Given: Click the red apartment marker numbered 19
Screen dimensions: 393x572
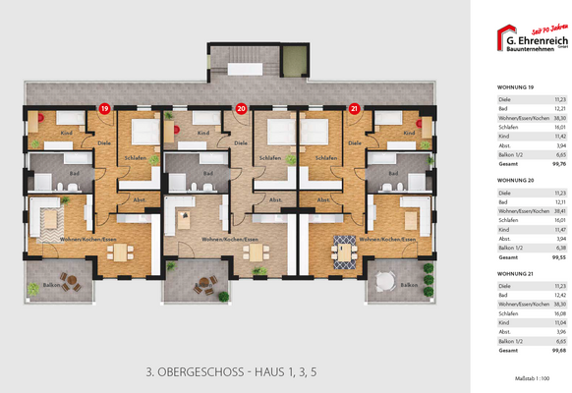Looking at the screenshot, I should coord(103,108).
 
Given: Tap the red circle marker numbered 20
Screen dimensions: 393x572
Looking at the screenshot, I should coord(241,108).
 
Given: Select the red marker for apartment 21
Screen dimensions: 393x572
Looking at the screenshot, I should coord(355,108).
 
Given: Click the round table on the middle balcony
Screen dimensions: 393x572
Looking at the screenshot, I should coord(203,285).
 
